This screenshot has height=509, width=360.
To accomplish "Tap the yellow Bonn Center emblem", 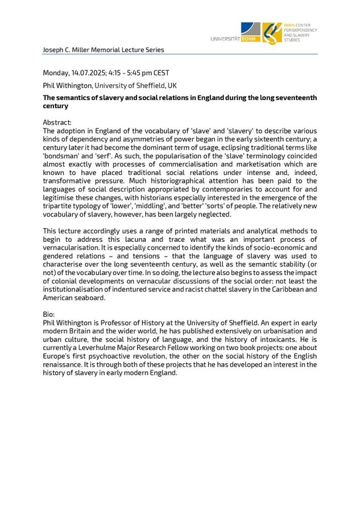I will pyautogui.click(x=270, y=32).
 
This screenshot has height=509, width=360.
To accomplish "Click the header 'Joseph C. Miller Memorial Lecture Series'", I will pyautogui.click(x=103, y=50).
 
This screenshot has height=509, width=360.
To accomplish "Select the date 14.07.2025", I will pyautogui.click(x=90, y=72).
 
